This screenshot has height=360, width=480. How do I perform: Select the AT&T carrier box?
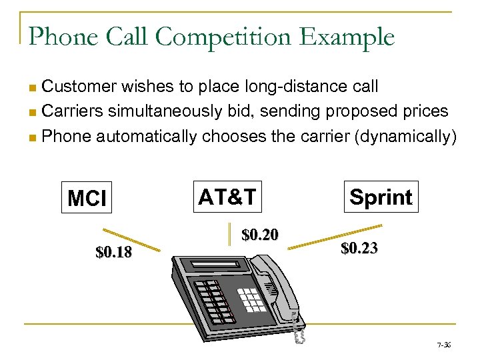(227, 196)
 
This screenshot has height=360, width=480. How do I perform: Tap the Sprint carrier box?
(381, 197)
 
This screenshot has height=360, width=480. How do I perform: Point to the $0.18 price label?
(114, 253)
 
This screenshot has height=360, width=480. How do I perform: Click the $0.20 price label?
(260, 235)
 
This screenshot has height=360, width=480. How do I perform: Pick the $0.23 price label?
(359, 249)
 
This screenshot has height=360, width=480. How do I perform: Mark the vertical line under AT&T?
(229, 231)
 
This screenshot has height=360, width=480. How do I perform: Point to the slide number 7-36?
(444, 345)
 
